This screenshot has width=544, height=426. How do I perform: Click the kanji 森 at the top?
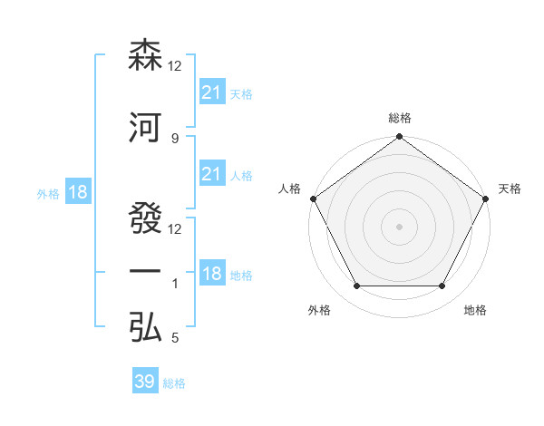pos(146,55)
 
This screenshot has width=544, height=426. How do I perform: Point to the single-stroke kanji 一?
pos(146,273)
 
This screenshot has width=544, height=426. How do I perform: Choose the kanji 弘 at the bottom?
pos(146,328)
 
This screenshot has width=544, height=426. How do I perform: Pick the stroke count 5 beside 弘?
pos(174,339)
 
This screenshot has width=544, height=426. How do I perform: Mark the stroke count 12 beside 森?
pos(175,66)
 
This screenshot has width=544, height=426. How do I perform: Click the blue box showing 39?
pos(145,382)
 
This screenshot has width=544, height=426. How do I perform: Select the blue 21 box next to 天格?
pos(211,92)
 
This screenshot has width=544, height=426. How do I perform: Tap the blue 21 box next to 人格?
pos(211,174)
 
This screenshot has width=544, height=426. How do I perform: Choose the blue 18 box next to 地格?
pos(211,274)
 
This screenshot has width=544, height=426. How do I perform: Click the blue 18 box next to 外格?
pos(77,192)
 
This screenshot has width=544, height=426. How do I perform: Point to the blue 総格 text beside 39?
pos(174,383)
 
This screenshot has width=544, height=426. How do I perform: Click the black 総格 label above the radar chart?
pos(399,118)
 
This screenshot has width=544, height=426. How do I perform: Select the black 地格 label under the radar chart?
pos(475,311)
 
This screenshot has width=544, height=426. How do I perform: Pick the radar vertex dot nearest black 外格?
pos(356,286)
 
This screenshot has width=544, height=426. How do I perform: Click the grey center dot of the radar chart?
pos(399,226)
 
